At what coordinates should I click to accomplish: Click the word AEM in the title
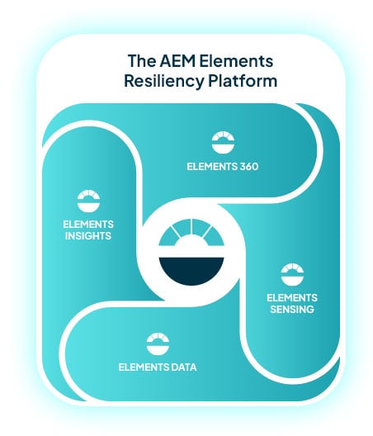163,61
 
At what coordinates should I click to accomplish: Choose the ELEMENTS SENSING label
291,303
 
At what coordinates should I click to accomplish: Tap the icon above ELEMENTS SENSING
291,274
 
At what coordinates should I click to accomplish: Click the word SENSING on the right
291,310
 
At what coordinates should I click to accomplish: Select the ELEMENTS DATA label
158,366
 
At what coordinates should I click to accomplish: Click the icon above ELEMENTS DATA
157,341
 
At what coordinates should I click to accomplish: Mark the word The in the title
138,61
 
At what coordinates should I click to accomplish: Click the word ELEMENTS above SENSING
291,297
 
